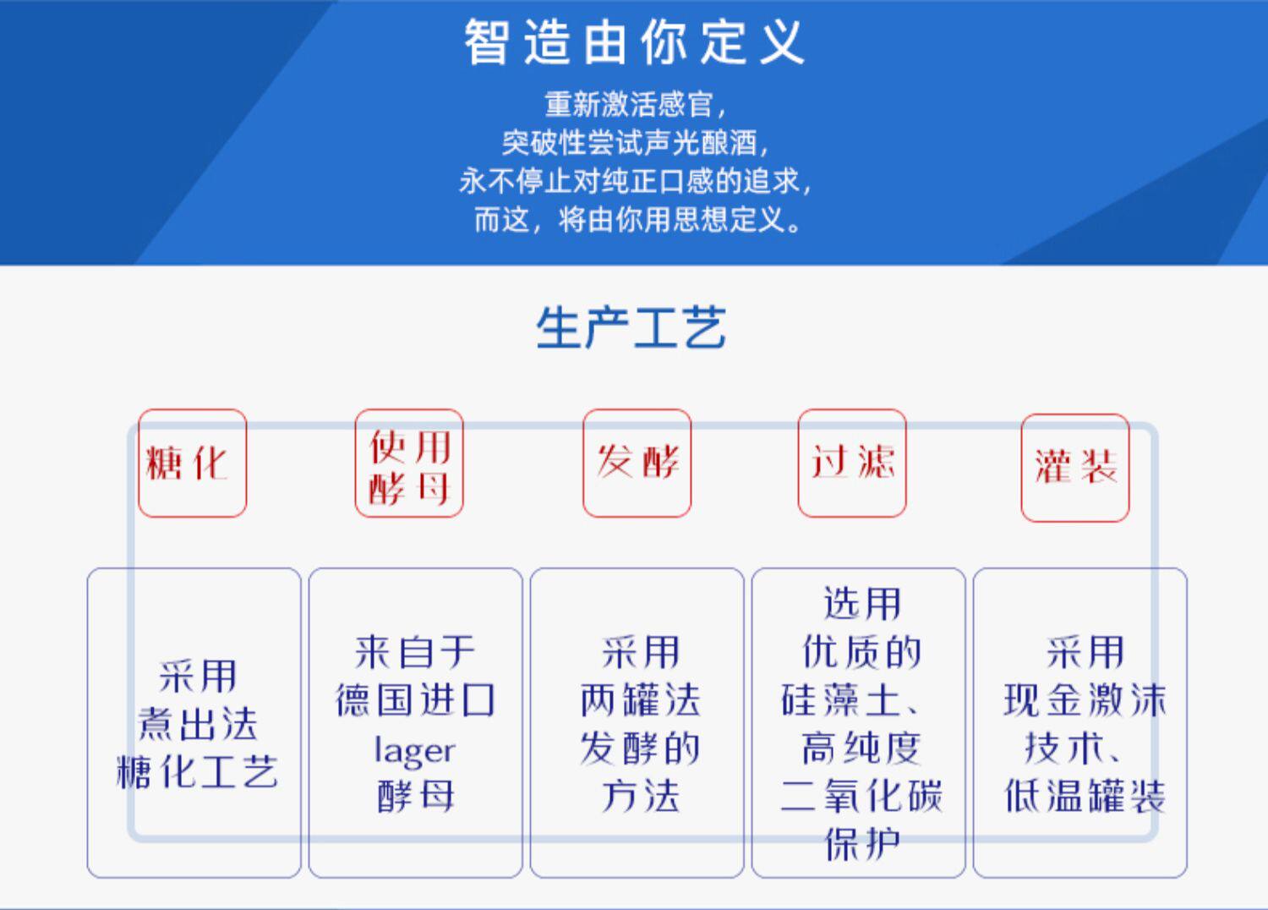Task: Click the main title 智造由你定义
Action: (x=633, y=42)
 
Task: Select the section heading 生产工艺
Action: (x=631, y=328)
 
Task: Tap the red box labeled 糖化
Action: (x=192, y=463)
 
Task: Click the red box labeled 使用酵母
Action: (x=409, y=463)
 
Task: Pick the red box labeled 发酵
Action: (x=637, y=463)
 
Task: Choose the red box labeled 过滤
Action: (x=852, y=463)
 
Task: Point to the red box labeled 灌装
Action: (x=1075, y=467)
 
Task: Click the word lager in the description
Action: (x=414, y=750)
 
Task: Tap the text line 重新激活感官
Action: (x=634, y=105)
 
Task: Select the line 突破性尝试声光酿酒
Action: (x=634, y=143)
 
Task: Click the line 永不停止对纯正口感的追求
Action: (x=634, y=181)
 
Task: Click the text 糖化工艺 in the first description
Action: (x=196, y=771)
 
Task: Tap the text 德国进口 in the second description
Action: (x=415, y=701)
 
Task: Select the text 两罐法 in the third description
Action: (x=640, y=701)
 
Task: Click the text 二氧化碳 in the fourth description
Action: (x=861, y=796)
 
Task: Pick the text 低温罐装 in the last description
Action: (x=1085, y=796)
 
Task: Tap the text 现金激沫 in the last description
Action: (x=1085, y=701)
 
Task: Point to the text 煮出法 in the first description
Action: (x=198, y=724)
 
